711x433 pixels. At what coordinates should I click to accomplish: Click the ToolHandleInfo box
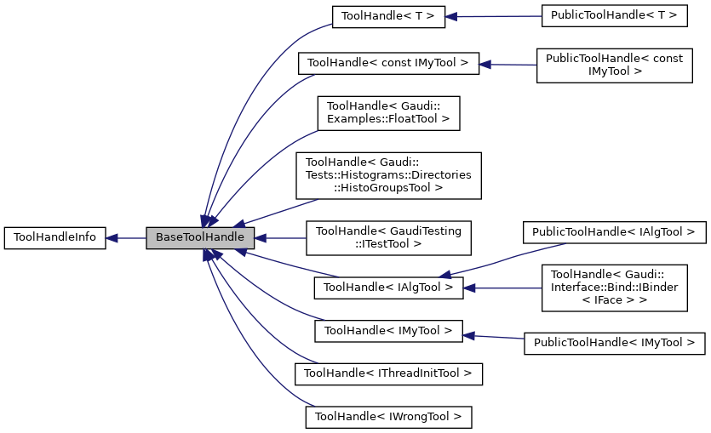pyautogui.click(x=55, y=238)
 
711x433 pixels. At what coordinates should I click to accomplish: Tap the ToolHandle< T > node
pyautogui.click(x=388, y=16)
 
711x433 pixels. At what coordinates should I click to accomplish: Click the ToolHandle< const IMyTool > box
pyautogui.click(x=388, y=63)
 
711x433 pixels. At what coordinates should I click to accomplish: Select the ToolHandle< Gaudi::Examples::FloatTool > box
pyautogui.click(x=388, y=112)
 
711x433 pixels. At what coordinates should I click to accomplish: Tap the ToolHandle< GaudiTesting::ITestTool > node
pyautogui.click(x=388, y=238)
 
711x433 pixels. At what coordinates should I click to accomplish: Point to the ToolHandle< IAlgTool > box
pyautogui.click(x=388, y=288)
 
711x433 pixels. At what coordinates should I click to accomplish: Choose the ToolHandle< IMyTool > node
pyautogui.click(x=388, y=330)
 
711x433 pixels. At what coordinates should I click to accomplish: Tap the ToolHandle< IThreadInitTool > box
pyautogui.click(x=388, y=373)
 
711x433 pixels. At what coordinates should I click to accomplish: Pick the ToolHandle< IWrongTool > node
pyautogui.click(x=388, y=417)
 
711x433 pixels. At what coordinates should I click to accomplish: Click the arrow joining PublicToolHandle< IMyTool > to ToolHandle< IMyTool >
pyautogui.click(x=494, y=337)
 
